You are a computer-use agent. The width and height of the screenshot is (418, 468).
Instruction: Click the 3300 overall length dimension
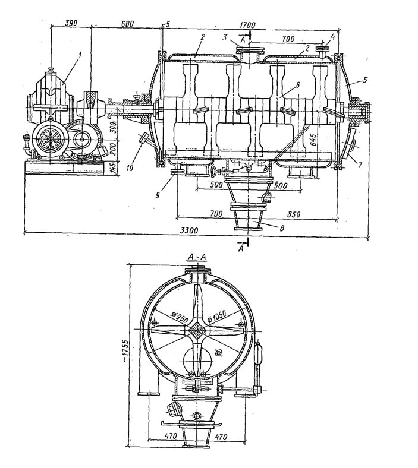coord(190,230)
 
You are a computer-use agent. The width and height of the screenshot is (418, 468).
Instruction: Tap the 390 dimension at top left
coord(71,23)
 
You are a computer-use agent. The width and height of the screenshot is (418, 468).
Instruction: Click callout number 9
coord(158,195)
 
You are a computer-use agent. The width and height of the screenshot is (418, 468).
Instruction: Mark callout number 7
coord(361,164)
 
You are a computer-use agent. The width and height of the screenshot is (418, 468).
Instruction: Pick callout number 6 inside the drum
coord(297,85)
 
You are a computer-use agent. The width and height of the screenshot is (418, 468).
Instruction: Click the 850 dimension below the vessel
coord(294,214)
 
